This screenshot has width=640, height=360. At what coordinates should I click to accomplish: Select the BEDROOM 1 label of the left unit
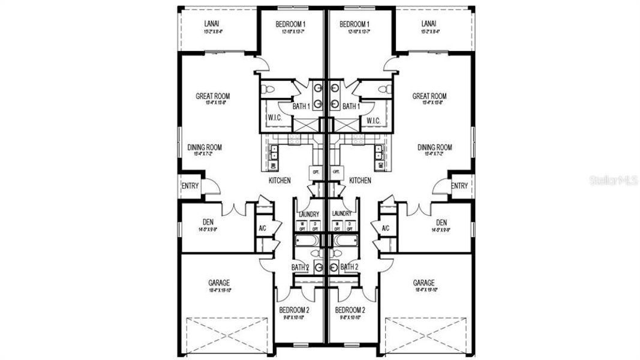tap(292, 24)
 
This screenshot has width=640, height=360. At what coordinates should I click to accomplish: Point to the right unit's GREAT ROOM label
tap(429, 96)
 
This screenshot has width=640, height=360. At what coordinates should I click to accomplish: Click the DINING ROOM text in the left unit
tap(205, 147)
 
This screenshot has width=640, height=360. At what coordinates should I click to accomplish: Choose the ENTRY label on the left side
tap(190, 186)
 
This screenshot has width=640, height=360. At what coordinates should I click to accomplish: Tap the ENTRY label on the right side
tap(459, 186)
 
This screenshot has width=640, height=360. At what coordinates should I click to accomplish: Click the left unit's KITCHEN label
tap(280, 180)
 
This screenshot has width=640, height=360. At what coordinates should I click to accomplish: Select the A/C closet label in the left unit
tap(262, 229)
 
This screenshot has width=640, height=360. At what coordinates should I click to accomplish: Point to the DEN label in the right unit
tap(441, 223)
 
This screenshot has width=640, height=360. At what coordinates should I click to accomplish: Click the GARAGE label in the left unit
tap(220, 283)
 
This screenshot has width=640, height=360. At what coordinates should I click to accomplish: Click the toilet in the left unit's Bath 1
tap(269, 89)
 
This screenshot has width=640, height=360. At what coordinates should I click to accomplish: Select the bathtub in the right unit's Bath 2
tap(346, 241)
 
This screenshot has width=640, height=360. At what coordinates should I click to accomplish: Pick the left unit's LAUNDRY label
tap(308, 214)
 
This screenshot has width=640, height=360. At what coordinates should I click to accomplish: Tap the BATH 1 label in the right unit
tap(350, 106)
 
